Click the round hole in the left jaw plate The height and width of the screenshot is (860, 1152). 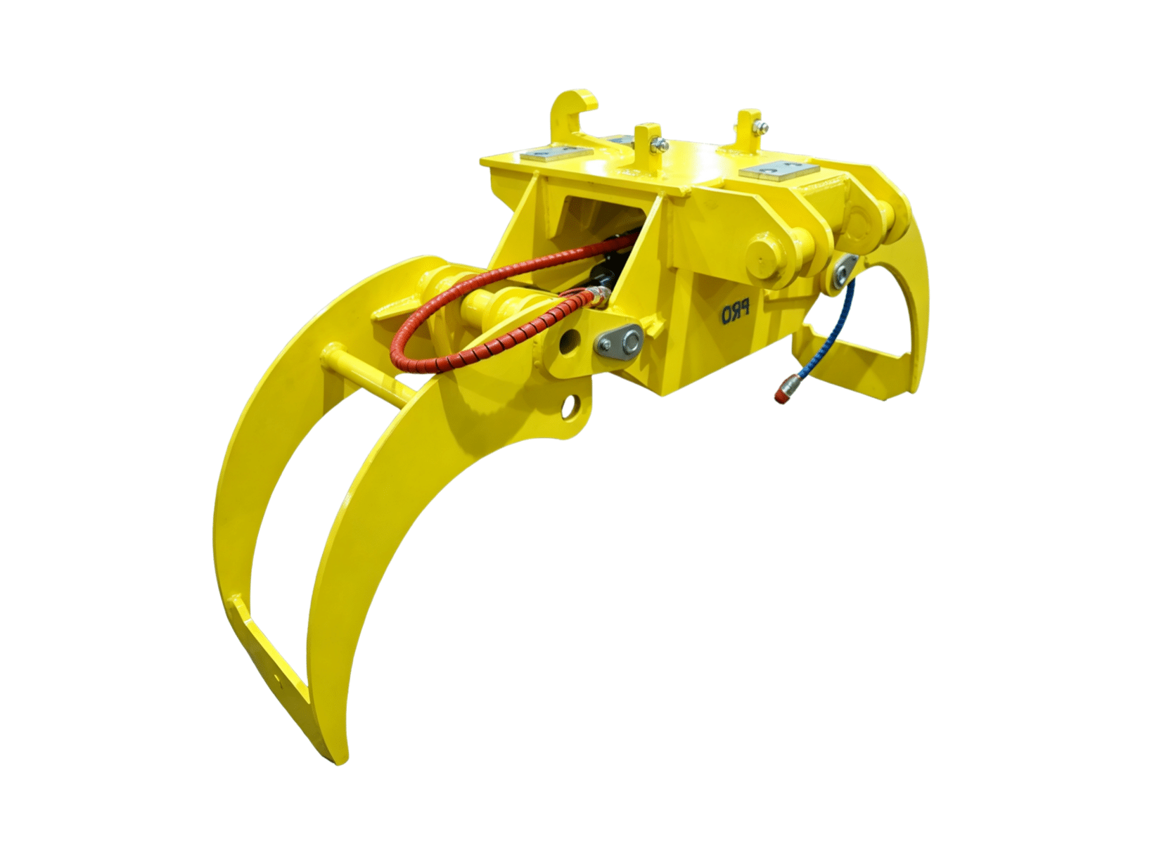(x=570, y=408)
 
